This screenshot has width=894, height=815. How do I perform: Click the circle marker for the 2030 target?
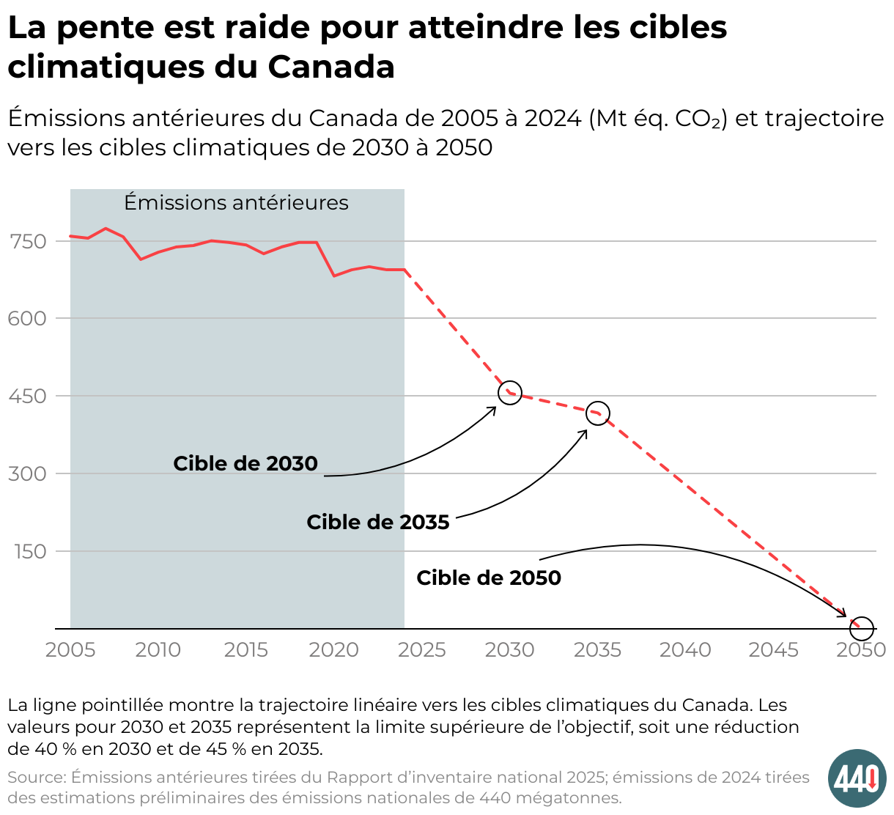510,393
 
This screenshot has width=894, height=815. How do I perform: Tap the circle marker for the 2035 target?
598,413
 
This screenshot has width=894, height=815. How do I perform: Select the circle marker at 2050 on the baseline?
862,628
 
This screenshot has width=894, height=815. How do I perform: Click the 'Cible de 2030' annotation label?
245,464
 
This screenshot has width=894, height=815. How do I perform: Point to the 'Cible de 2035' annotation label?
377,523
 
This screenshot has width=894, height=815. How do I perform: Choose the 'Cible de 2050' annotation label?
489,578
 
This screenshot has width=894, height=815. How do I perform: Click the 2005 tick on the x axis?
70,650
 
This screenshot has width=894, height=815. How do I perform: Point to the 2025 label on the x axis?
421,650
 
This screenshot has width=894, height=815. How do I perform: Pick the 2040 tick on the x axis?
685,650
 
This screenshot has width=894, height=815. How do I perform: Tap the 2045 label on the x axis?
773,650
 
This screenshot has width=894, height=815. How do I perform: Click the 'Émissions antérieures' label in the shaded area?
236,203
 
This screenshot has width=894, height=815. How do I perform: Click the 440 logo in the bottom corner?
857,778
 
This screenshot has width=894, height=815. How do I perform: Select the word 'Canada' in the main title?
331,67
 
